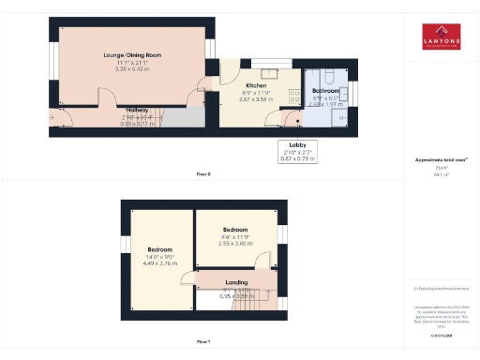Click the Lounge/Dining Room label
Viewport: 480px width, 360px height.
pyautogui.click(x=131, y=55)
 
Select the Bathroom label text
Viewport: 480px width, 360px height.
pyautogui.click(x=326, y=91)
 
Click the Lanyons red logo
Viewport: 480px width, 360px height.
pyautogui.click(x=440, y=37)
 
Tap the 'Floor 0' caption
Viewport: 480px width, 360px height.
pyautogui.click(x=203, y=174)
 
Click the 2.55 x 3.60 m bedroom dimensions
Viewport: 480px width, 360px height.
pyautogui.click(x=234, y=243)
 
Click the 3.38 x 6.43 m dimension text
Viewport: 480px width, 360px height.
pyautogui.click(x=131, y=68)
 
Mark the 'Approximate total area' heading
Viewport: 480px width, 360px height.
pyautogui.click(x=440, y=160)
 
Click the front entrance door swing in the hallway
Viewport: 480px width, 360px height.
pyautogui.click(x=62, y=115)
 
